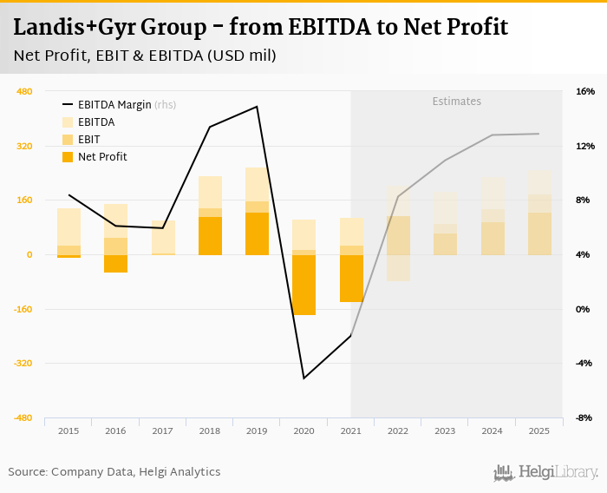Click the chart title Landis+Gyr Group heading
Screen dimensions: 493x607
[x=260, y=27]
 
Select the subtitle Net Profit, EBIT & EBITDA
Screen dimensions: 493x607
[x=145, y=56]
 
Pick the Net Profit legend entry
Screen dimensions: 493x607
[x=101, y=157]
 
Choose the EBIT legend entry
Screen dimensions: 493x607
[x=88, y=140]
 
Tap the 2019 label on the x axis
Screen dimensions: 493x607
[x=257, y=431]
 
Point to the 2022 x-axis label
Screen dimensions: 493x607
[x=398, y=431]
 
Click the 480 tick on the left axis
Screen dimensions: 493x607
[x=25, y=91]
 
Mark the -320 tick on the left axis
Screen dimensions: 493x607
[x=23, y=364]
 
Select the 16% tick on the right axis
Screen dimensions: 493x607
[x=584, y=91]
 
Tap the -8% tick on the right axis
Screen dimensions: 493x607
[x=584, y=418]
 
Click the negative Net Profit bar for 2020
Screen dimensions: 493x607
[x=303, y=285]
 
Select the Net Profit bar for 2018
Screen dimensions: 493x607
[x=210, y=236]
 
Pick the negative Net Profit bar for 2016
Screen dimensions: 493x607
[x=115, y=264]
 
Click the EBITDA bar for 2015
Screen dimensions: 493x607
[x=69, y=226]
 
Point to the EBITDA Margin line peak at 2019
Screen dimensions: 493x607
[x=257, y=107]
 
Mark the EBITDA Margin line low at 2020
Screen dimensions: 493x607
[x=303, y=378]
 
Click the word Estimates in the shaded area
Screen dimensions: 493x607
[x=457, y=102]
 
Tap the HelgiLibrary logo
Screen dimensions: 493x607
[x=546, y=472]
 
